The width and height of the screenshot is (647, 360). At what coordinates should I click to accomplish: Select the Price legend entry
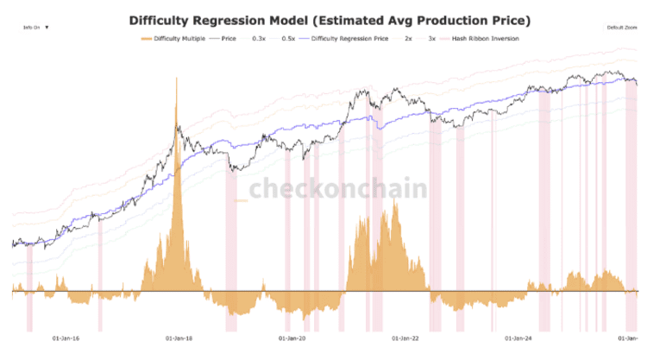229,38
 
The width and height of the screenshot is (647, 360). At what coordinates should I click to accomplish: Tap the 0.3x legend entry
259,38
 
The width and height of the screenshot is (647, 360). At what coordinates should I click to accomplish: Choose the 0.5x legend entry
287,38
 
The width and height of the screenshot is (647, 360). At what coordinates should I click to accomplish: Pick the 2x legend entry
408,38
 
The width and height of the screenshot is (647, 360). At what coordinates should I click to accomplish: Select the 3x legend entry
431,38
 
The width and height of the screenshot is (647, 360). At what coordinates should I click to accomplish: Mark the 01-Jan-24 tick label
517,338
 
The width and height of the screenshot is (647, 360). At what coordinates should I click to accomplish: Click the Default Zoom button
620,28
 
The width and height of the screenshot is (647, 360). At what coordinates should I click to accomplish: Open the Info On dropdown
36,28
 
